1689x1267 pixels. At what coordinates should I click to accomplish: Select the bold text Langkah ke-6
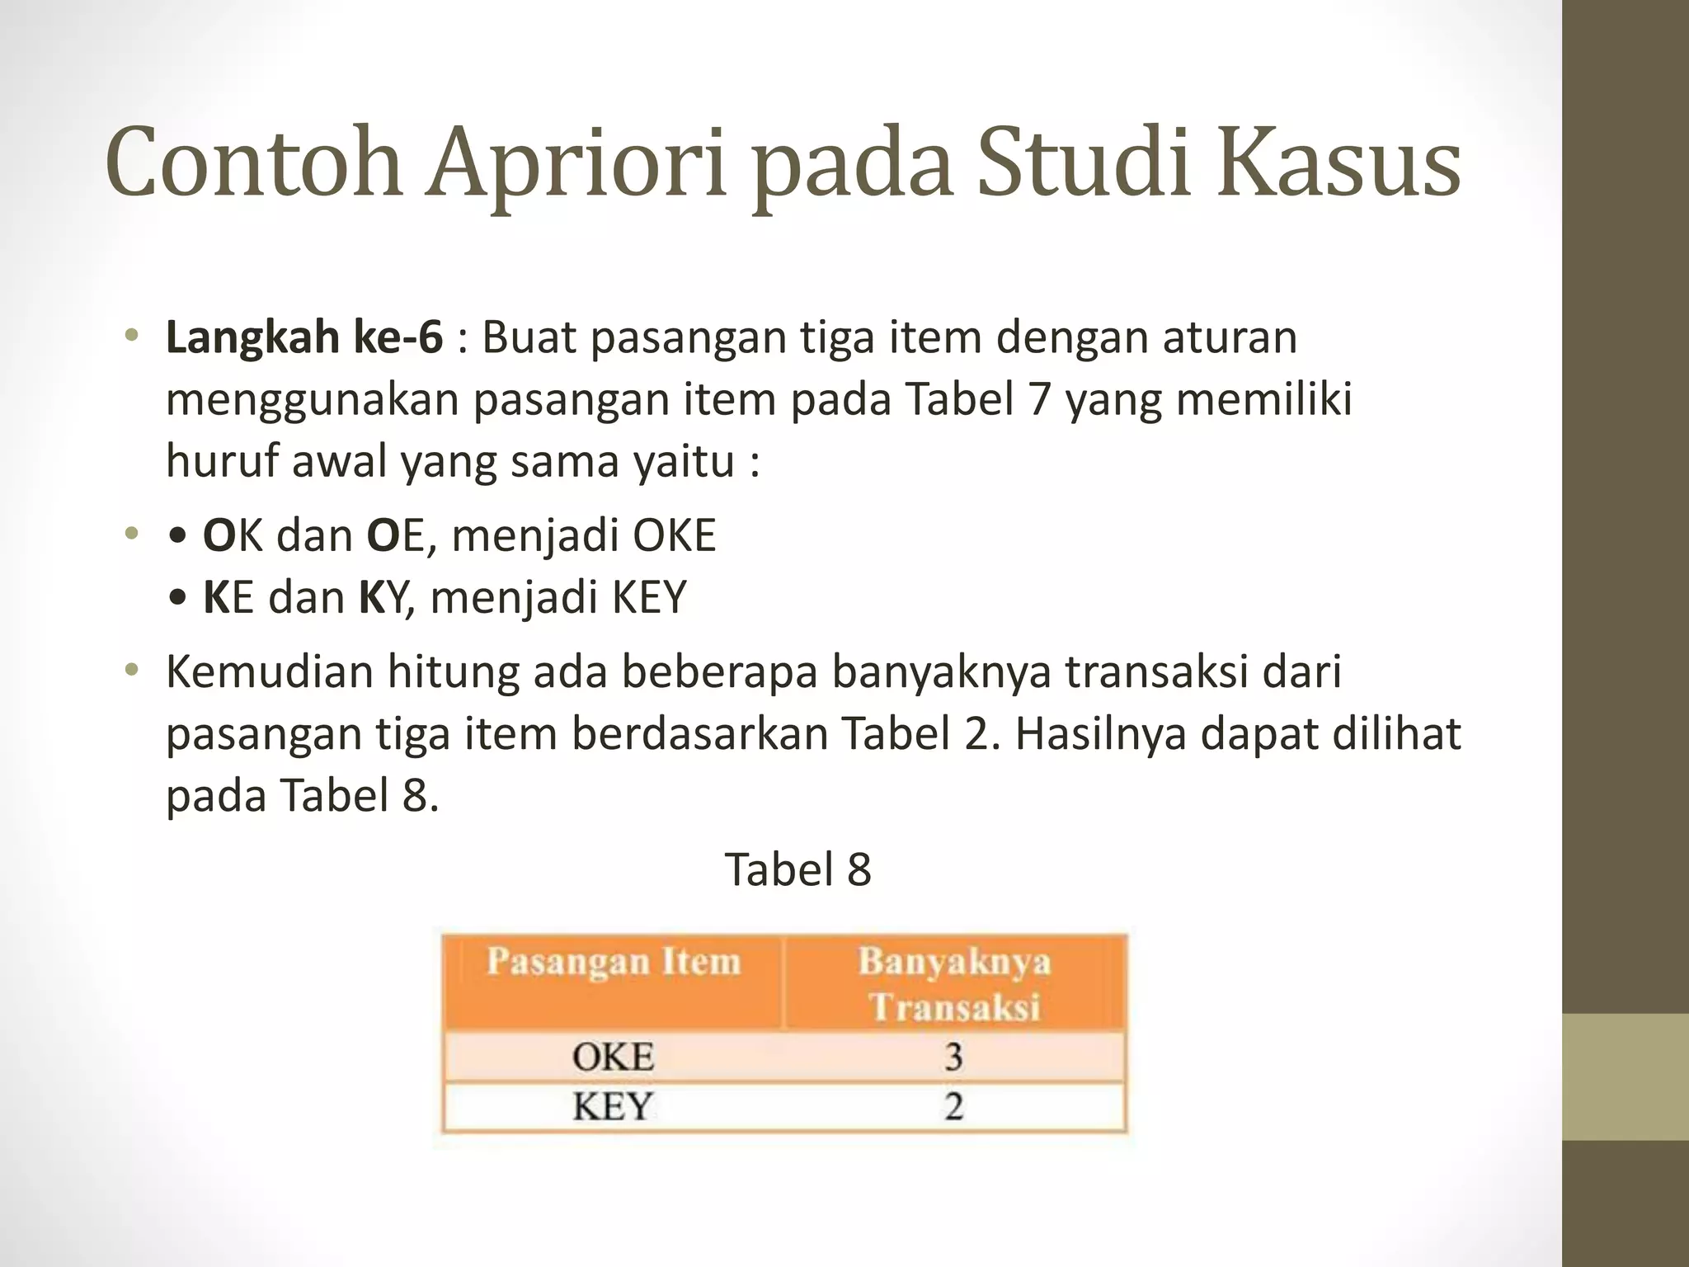[x=304, y=337]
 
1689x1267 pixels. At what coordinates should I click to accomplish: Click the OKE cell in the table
[x=613, y=1057]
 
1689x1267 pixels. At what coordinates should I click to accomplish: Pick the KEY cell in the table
[x=613, y=1106]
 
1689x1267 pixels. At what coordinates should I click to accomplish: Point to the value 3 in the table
[x=953, y=1057]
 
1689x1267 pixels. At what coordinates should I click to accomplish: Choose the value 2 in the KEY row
[x=953, y=1106]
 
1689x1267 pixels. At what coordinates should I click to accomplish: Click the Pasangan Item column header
[x=613, y=963]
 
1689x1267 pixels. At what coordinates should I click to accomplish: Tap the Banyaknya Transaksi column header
[x=954, y=984]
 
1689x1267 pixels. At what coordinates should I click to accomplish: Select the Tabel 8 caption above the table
[x=797, y=869]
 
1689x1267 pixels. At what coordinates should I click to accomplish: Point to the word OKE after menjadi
[x=674, y=535]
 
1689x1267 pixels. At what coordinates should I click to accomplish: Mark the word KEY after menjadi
[x=648, y=597]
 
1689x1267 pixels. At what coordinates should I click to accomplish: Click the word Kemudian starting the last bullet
[x=270, y=671]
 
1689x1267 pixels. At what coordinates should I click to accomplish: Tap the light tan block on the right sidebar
[x=1625, y=1077]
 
